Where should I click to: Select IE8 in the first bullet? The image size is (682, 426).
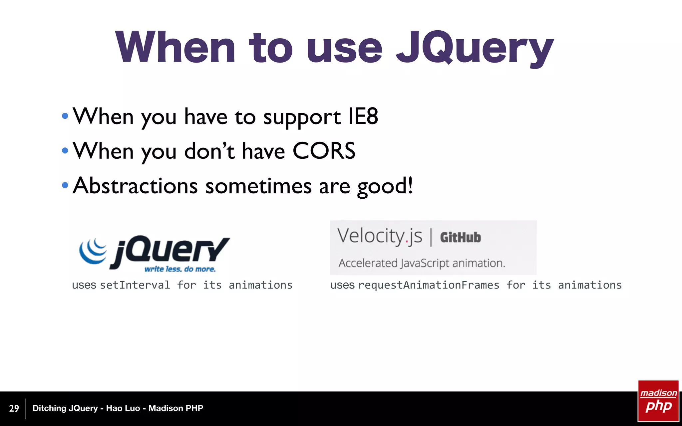(363, 116)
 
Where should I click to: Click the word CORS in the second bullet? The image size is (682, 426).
(324, 151)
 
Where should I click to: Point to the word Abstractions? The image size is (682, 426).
(135, 186)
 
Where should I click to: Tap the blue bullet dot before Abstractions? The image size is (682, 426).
(65, 185)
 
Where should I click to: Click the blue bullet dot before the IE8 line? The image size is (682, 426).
(65, 116)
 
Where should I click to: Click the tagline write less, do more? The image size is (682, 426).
(180, 269)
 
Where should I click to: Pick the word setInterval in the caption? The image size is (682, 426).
(135, 285)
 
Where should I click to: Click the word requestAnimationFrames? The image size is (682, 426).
(429, 285)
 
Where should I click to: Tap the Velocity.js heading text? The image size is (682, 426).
(380, 236)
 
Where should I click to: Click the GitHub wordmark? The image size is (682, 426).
(460, 238)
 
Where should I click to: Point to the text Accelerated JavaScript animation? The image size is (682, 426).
(422, 263)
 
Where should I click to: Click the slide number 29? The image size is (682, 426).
(14, 408)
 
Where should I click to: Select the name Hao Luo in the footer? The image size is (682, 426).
(123, 408)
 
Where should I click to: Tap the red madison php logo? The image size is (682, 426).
(658, 401)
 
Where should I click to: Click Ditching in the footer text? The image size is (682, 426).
(49, 408)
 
